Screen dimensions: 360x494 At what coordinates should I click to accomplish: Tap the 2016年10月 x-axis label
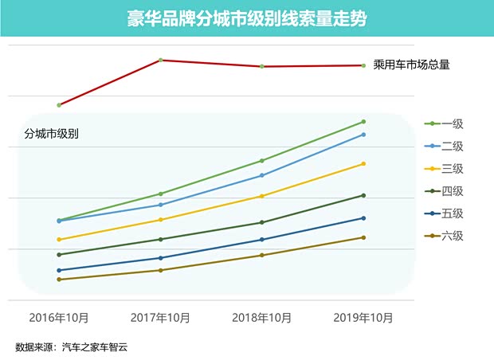pyautogui.click(x=59, y=318)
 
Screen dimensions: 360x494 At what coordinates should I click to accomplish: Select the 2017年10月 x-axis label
pyautogui.click(x=160, y=318)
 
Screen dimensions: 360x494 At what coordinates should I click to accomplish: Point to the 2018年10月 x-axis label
pyautogui.click(x=262, y=318)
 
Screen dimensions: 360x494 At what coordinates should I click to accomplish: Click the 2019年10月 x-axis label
pyautogui.click(x=363, y=318)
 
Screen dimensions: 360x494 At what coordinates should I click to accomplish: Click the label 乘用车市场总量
pyautogui.click(x=411, y=65)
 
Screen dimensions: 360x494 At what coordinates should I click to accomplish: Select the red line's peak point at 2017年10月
pyautogui.click(x=161, y=60)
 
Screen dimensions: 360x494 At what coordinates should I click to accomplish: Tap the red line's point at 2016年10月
pyautogui.click(x=59, y=105)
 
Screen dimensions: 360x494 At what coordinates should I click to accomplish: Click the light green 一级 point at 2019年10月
pyautogui.click(x=363, y=122)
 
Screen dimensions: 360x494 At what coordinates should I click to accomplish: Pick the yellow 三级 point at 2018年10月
pyautogui.click(x=262, y=196)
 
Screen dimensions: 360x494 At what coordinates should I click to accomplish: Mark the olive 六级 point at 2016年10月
pyautogui.click(x=59, y=280)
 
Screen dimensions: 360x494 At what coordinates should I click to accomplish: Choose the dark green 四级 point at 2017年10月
pyautogui.click(x=161, y=239)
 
